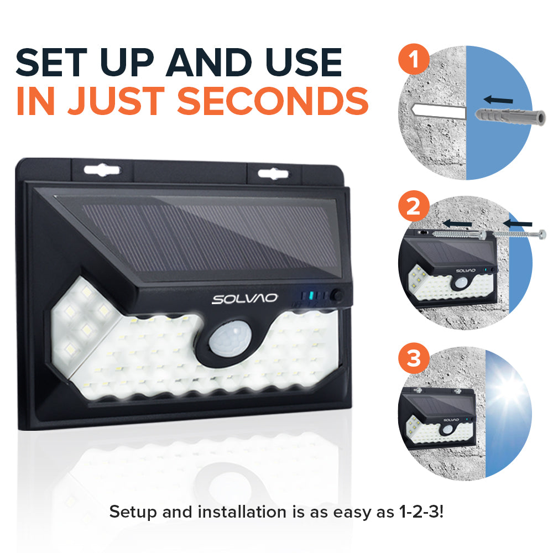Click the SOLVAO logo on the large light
[x=244, y=299]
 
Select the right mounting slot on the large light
[x=273, y=173]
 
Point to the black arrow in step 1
[x=498, y=100]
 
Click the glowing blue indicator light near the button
[x=311, y=296]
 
